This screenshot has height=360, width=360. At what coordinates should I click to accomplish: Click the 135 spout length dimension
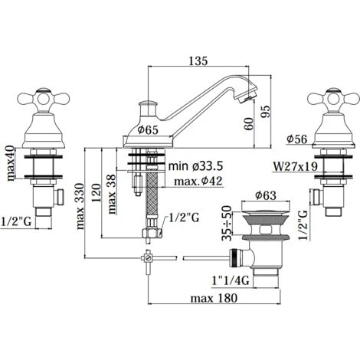click(x=198, y=61)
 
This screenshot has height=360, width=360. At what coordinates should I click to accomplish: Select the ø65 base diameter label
click(x=148, y=130)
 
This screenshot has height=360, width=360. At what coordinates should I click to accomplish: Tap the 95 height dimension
click(x=265, y=112)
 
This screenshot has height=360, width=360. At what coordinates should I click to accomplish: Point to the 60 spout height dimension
click(x=249, y=123)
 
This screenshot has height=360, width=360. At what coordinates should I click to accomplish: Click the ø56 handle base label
click(x=296, y=139)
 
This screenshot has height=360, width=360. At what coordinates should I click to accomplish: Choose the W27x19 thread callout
click(x=296, y=167)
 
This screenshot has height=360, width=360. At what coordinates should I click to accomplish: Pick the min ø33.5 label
click(x=195, y=166)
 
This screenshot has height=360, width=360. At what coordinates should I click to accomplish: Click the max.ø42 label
click(x=198, y=182)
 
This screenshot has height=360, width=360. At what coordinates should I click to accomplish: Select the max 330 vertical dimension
click(x=80, y=206)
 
